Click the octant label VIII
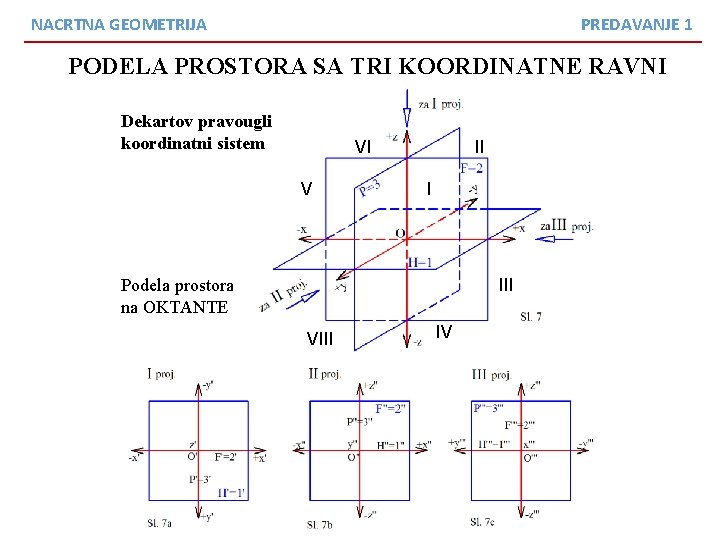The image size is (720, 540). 320,338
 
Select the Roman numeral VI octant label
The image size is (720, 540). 363,147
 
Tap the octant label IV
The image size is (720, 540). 443,331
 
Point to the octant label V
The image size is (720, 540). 306,188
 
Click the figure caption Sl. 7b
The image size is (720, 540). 321,524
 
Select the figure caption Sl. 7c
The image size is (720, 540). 482,522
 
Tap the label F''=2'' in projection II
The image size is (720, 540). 391,408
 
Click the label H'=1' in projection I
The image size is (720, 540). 231,492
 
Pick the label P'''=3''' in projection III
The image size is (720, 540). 492,408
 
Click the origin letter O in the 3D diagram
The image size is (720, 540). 400,233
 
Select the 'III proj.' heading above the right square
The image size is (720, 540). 491,375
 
